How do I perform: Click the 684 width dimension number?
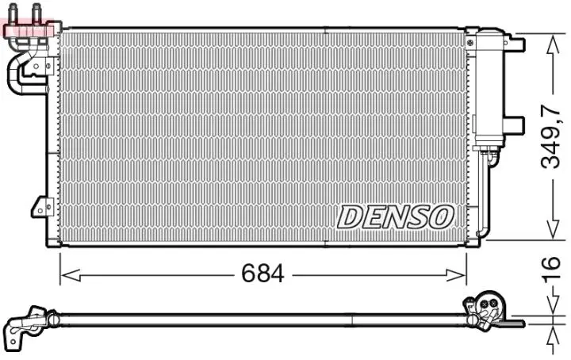(263, 274)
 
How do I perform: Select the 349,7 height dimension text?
(552, 137)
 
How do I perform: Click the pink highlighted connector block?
(29, 30)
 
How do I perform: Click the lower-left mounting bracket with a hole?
(41, 207)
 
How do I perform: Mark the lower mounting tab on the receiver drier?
(514, 124)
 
